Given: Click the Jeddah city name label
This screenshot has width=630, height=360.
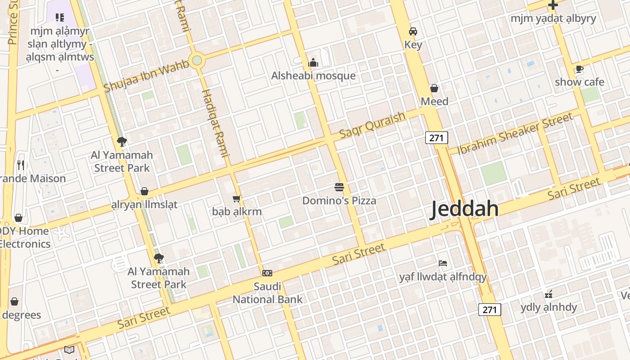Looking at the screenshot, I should (x=464, y=209).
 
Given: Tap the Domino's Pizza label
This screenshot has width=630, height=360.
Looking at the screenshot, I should (x=339, y=200).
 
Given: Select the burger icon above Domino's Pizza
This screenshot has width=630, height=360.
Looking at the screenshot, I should (x=339, y=187).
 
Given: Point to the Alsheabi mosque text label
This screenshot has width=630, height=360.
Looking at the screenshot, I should (x=313, y=76).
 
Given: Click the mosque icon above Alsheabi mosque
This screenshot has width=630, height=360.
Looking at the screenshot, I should (x=313, y=63).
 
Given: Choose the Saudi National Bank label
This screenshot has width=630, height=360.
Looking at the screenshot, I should (x=267, y=292).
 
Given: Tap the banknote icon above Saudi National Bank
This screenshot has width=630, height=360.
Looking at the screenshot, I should (x=267, y=273).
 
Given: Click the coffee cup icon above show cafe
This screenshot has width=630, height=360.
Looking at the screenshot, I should (x=579, y=69).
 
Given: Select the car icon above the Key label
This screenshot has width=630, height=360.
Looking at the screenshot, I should (x=413, y=31).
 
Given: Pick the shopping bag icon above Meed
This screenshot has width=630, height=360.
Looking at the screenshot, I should (x=434, y=88).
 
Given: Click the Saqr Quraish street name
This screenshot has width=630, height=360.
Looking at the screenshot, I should (x=372, y=125).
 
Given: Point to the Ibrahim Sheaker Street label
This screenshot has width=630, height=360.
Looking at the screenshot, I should (x=515, y=133).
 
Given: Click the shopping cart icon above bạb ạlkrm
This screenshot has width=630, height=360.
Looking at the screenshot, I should (x=237, y=198).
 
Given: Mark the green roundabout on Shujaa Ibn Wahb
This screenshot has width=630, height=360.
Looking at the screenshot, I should (x=197, y=60).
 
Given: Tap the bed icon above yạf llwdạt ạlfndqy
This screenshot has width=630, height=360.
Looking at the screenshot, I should (x=443, y=263).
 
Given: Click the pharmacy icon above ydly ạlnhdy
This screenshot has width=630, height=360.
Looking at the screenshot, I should (x=549, y=295).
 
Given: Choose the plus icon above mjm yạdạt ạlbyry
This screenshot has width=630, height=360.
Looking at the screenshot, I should (x=553, y=5).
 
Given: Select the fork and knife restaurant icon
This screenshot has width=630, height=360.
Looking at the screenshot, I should (x=20, y=165).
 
